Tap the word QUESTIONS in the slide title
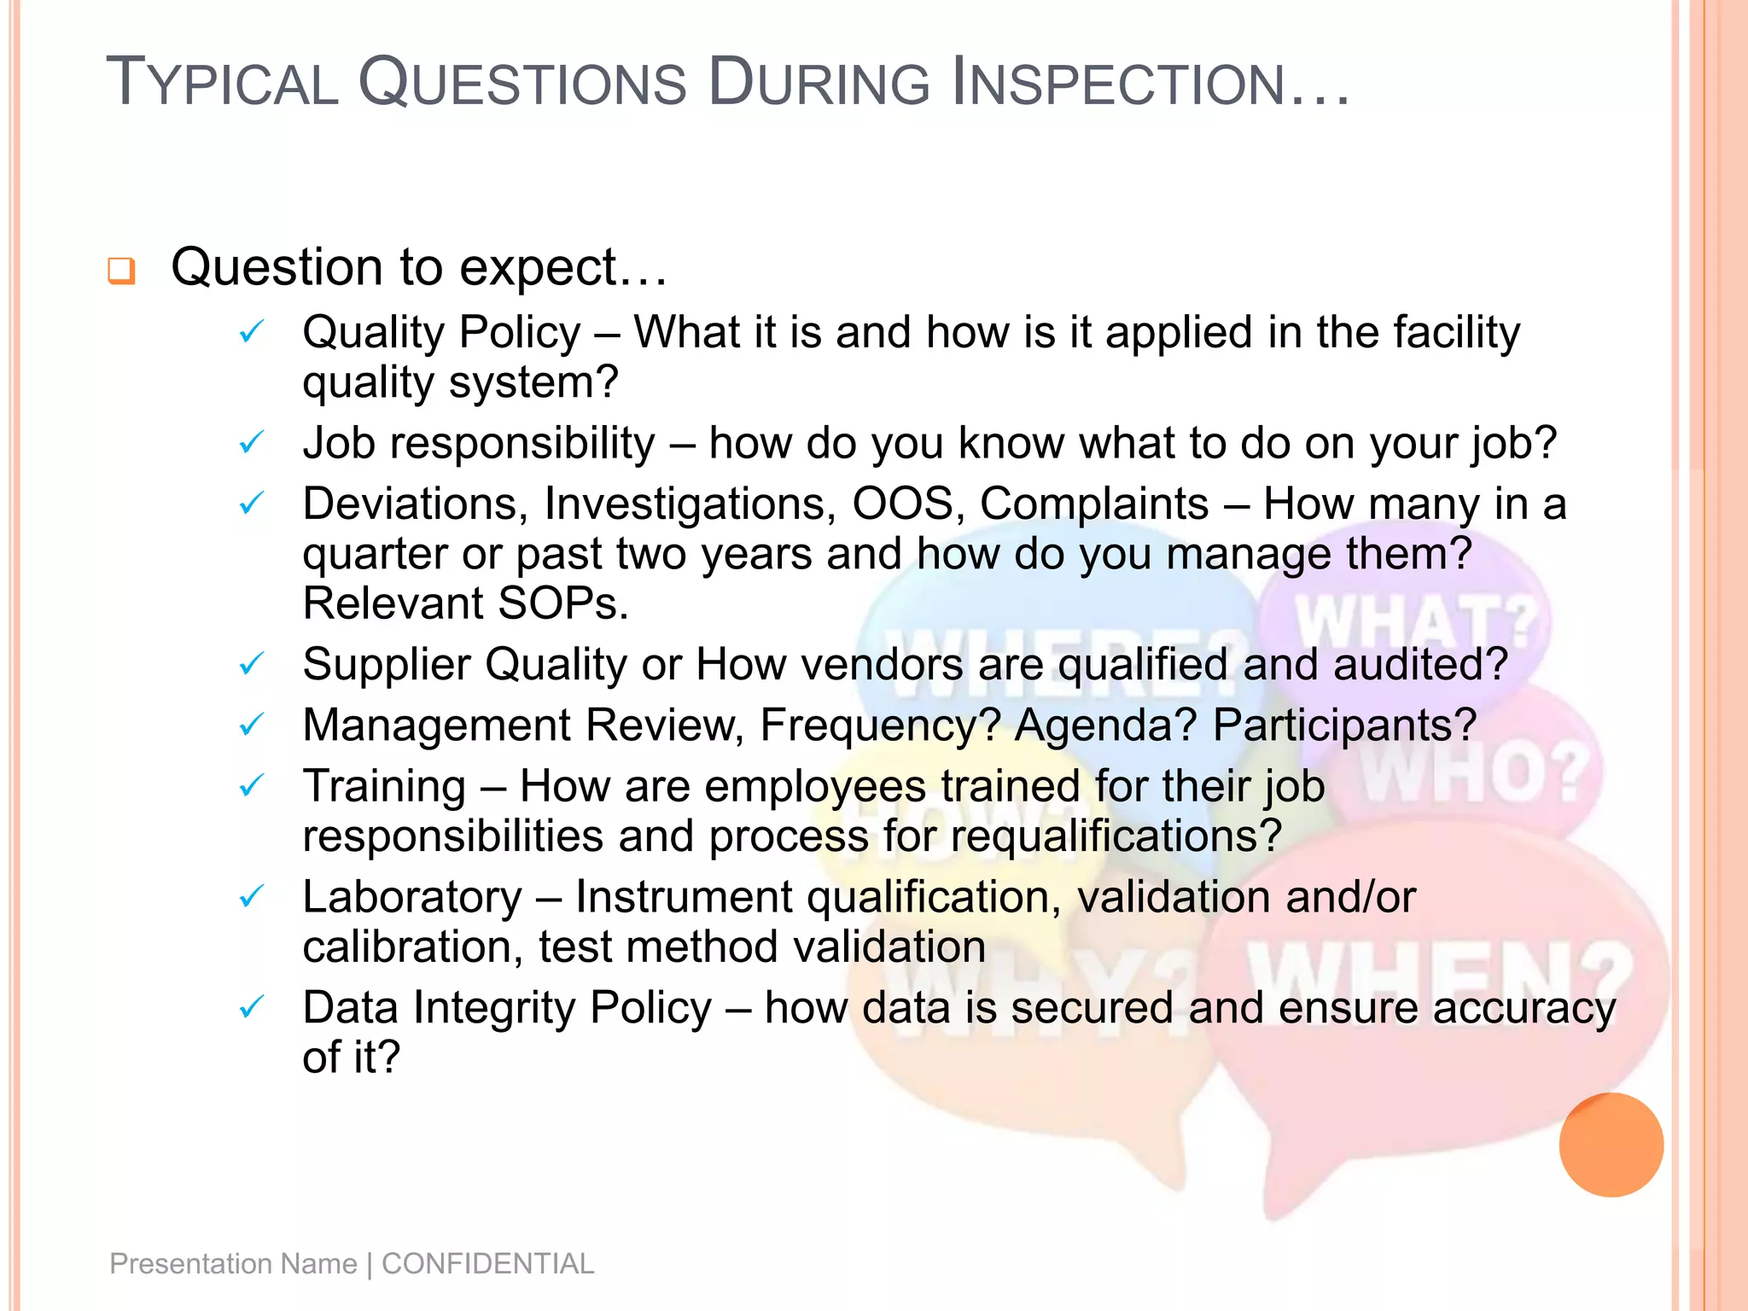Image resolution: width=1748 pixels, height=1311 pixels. coord(522,83)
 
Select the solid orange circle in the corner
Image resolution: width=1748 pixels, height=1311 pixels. coord(1611,1145)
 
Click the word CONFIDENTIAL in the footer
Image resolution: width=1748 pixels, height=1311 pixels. coord(487,1263)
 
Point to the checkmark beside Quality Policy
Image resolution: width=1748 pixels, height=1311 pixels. coord(252,331)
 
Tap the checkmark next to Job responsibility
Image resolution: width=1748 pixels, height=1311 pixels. coord(252,442)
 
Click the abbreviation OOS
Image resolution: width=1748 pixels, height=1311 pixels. coord(903,504)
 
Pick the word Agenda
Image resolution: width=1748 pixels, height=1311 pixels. coord(1106,725)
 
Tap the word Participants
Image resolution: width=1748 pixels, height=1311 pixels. coord(1344,725)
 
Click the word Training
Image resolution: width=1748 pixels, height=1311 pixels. coord(384,786)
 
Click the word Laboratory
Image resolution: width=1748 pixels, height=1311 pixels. coord(412,897)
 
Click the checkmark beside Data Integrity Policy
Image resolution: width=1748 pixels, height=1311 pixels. coord(252,1008)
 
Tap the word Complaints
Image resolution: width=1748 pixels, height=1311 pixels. coord(1094,504)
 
